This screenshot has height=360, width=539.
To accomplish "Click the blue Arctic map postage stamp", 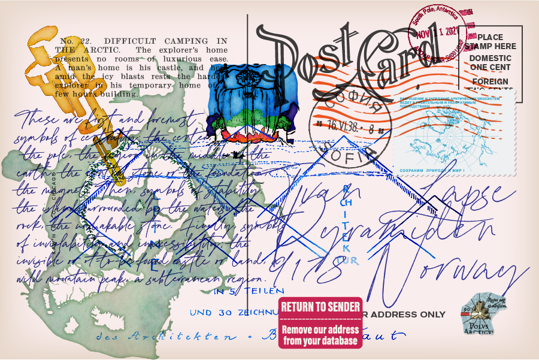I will [453, 135].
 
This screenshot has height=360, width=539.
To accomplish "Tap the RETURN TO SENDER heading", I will [321, 307].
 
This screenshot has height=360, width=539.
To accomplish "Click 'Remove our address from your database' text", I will [320, 335].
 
